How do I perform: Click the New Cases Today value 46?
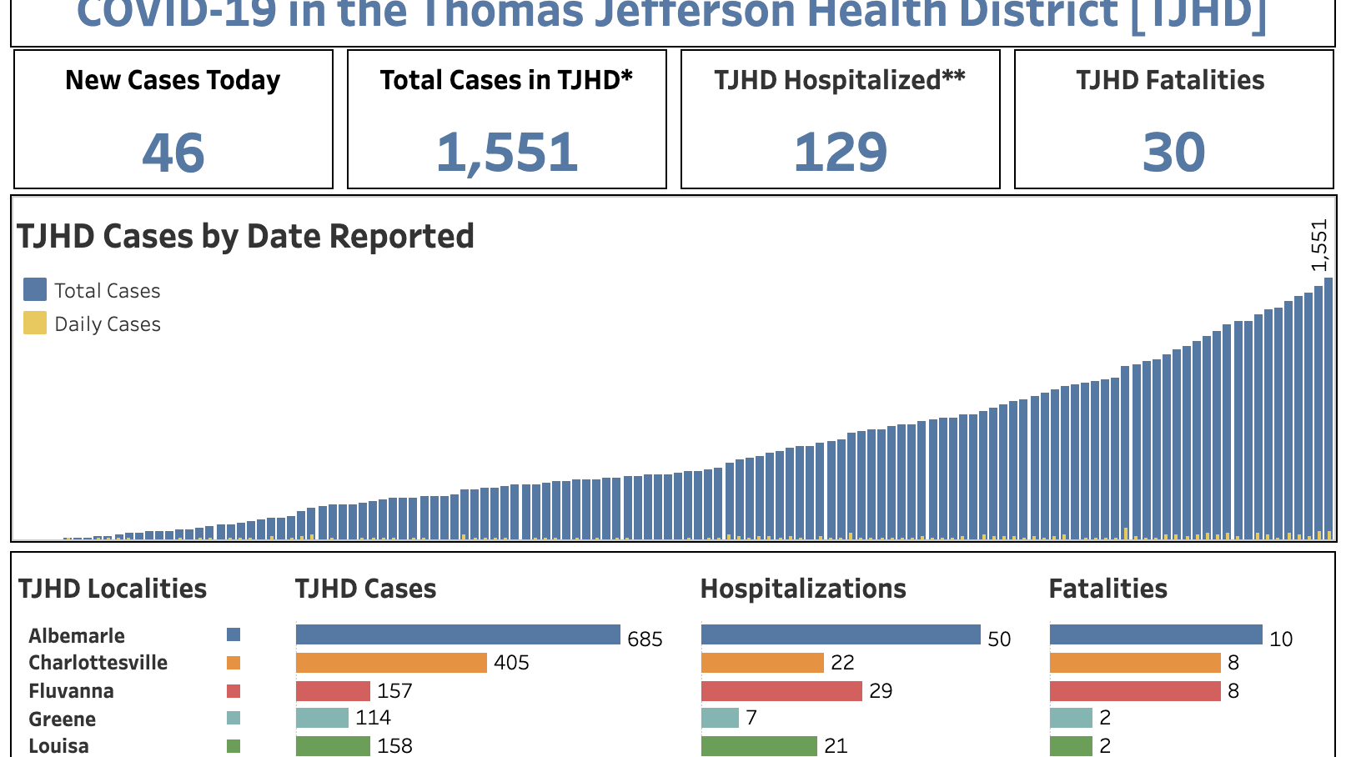click(x=173, y=153)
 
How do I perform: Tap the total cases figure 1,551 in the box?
click(x=507, y=153)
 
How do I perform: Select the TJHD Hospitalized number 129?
click(x=841, y=153)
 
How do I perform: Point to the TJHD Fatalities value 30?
click(x=1173, y=153)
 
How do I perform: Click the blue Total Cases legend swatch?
click(x=35, y=289)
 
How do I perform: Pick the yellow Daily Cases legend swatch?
click(x=35, y=323)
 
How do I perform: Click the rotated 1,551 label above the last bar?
click(x=1318, y=245)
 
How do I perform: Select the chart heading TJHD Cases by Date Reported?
click(x=245, y=237)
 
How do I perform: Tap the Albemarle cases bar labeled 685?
click(x=458, y=635)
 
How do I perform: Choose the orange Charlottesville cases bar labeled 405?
click(x=391, y=663)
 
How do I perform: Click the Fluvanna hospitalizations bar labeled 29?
click(x=781, y=691)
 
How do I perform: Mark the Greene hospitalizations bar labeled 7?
click(x=720, y=718)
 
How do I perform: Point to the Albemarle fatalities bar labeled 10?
click(x=1156, y=635)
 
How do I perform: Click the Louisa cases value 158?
click(x=394, y=745)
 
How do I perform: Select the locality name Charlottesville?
click(x=98, y=663)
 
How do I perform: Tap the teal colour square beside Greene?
click(x=234, y=718)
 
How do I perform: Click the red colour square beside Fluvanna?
click(x=234, y=691)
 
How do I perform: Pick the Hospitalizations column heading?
click(x=803, y=589)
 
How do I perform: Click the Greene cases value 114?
click(x=373, y=718)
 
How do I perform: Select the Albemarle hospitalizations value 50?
click(x=999, y=639)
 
